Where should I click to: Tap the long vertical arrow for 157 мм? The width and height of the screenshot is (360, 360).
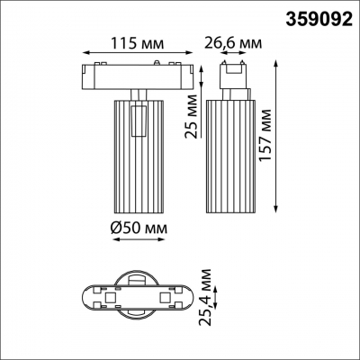[274, 135]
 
